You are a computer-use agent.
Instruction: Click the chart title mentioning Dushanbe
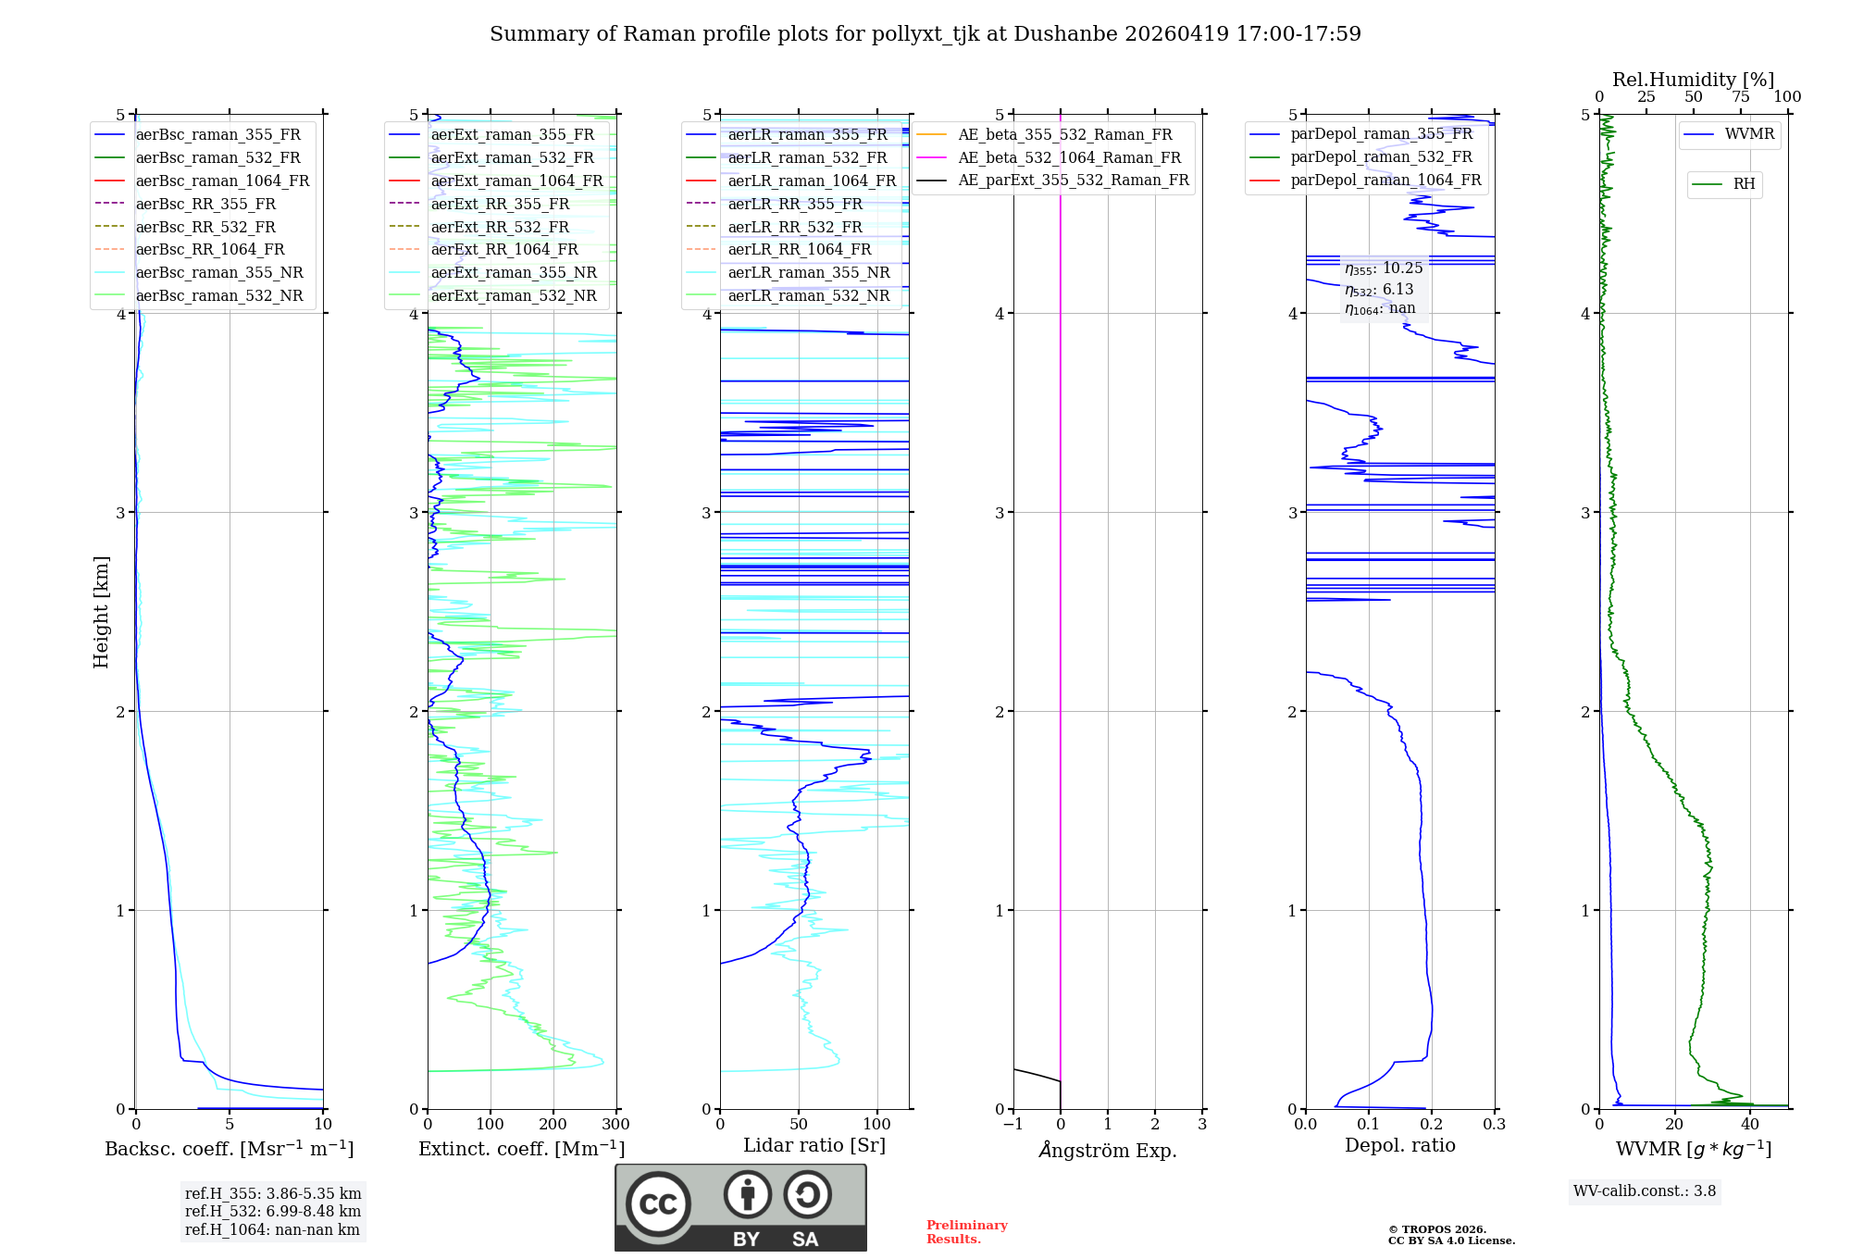pyautogui.click(x=925, y=34)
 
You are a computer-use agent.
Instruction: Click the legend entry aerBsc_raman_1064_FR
pyautogui.click(x=222, y=181)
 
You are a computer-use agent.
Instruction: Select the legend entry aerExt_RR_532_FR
pyautogui.click(x=500, y=227)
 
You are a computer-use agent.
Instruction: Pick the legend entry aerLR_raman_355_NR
pyautogui.click(x=808, y=272)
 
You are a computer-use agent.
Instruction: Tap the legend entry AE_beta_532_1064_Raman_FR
pyautogui.click(x=1069, y=157)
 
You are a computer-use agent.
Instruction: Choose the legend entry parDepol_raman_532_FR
pyautogui.click(x=1381, y=157)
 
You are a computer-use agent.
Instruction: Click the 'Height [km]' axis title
pyautogui.click(x=101, y=612)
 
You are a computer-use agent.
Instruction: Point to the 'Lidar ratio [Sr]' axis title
pyautogui.click(x=814, y=1145)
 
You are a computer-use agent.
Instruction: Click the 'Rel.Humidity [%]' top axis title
pyautogui.click(x=1693, y=80)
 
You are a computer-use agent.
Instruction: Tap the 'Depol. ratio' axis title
pyautogui.click(x=1399, y=1145)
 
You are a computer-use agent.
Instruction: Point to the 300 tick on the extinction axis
pyautogui.click(x=615, y=1125)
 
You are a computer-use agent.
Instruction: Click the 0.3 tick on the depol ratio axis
pyautogui.click(x=1494, y=1125)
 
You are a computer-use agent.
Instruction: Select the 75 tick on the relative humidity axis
pyautogui.click(x=1740, y=97)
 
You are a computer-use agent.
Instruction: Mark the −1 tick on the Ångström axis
pyautogui.click(x=1012, y=1125)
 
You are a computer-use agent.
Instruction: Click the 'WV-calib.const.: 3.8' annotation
pyautogui.click(x=1644, y=1191)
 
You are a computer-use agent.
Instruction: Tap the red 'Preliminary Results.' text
pyautogui.click(x=966, y=1232)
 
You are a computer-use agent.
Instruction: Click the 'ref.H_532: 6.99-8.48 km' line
pyautogui.click(x=273, y=1211)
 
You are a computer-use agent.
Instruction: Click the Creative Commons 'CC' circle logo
pyautogui.click(x=658, y=1204)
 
